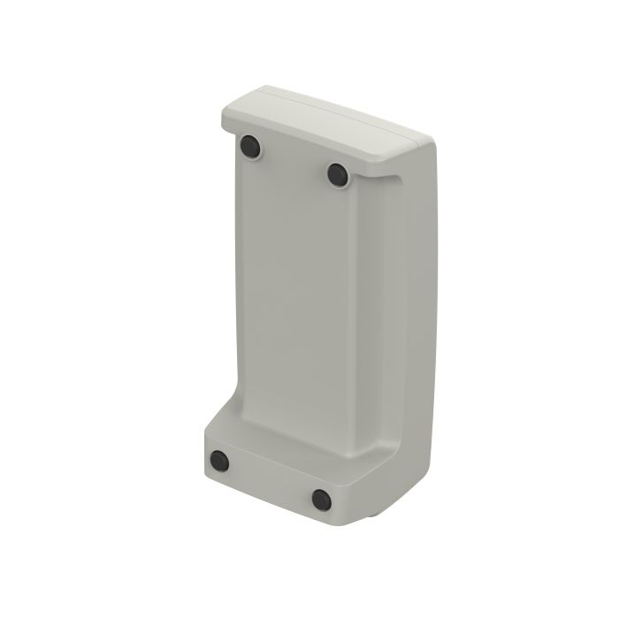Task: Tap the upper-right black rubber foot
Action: point(339,174)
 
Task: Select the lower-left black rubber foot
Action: point(218,461)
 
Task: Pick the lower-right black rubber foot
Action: point(322,499)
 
